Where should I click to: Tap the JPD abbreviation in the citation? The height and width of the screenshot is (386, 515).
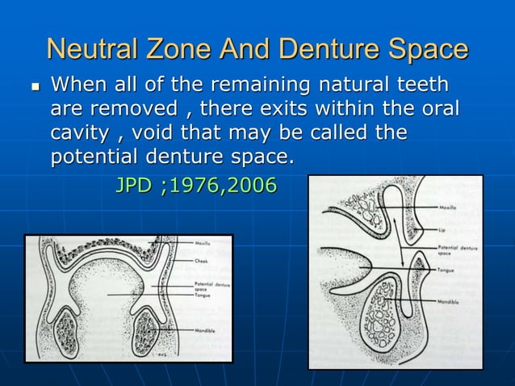(x=134, y=185)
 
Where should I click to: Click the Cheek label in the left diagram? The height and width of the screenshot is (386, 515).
(x=201, y=261)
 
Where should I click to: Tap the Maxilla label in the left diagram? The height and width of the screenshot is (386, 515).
(x=203, y=243)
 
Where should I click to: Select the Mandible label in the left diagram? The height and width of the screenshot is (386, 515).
(x=205, y=330)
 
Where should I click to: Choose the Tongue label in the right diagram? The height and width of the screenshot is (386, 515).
(x=449, y=270)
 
